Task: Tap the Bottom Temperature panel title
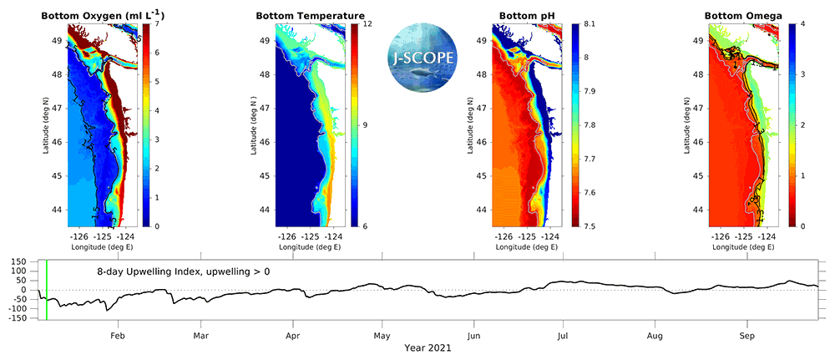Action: pos(311,15)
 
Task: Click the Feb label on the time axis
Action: pos(118,336)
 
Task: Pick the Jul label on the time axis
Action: pos(564,336)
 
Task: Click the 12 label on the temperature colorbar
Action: pos(367,24)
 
